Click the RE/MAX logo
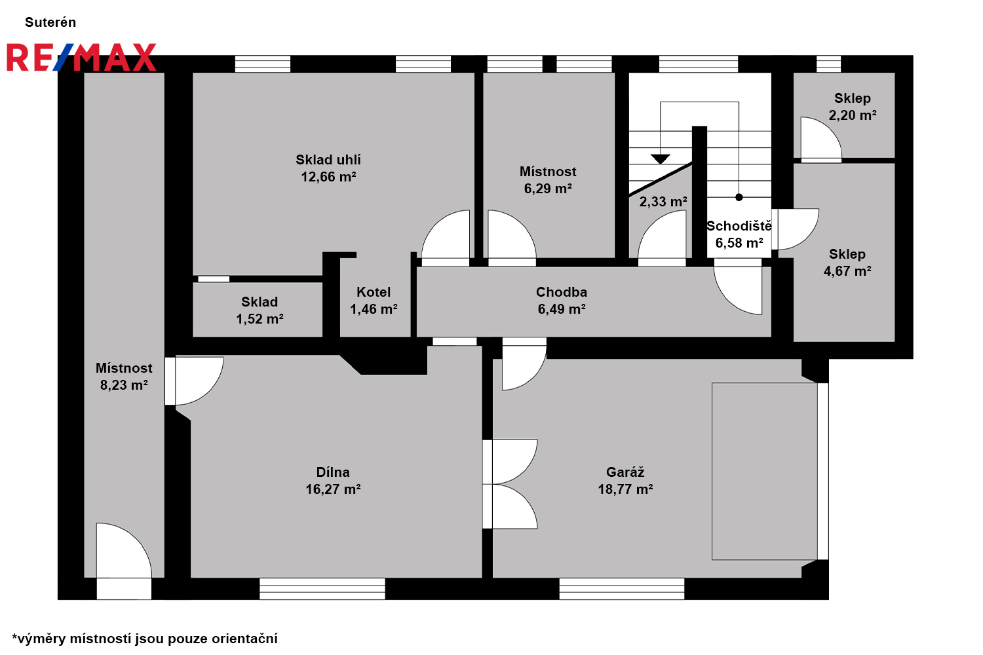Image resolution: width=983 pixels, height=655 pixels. (x=82, y=57)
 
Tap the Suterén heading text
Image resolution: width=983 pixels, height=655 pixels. (x=50, y=22)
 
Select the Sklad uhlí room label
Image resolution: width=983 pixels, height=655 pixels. (x=328, y=160)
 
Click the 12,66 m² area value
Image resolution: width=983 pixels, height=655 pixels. (x=328, y=177)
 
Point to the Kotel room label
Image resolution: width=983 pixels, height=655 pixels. (x=374, y=291)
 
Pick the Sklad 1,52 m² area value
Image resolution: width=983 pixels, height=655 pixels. (x=260, y=319)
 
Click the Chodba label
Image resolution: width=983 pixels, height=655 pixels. (x=561, y=291)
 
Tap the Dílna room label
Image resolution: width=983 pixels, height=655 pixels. (x=333, y=472)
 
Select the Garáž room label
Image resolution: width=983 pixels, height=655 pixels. (x=625, y=472)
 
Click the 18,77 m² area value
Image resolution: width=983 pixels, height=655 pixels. (x=625, y=489)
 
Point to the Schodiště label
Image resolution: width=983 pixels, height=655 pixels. (x=739, y=226)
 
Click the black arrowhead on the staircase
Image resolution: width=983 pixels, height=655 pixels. (x=661, y=159)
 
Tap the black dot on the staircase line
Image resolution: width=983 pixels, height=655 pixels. (x=739, y=197)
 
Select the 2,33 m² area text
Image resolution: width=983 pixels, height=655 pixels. (x=663, y=202)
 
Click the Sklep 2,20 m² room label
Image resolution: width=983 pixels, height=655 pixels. (x=852, y=107)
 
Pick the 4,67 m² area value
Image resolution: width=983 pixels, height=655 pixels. (x=847, y=271)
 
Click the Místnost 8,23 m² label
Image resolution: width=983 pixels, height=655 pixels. (x=125, y=377)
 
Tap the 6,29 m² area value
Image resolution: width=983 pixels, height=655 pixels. (x=548, y=189)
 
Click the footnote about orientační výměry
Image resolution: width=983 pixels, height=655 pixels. (x=145, y=639)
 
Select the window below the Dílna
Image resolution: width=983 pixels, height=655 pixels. (x=322, y=589)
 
